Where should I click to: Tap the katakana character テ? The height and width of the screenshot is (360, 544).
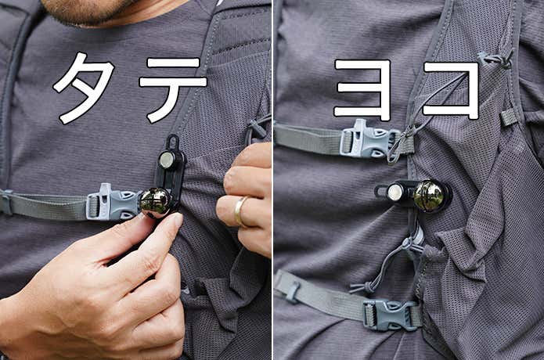173,89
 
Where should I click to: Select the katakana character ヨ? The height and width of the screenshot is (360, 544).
363,89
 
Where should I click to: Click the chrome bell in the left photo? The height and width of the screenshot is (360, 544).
156,203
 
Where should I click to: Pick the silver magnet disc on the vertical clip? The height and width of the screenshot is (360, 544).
167,160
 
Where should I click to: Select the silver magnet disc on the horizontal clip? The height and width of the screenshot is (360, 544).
394,192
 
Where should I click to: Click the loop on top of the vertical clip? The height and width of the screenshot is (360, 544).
173,141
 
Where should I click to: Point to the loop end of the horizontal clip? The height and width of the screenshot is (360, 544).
380,191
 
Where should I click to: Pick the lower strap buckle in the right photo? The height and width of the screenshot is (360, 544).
391,313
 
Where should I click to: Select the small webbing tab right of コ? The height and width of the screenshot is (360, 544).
507,117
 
